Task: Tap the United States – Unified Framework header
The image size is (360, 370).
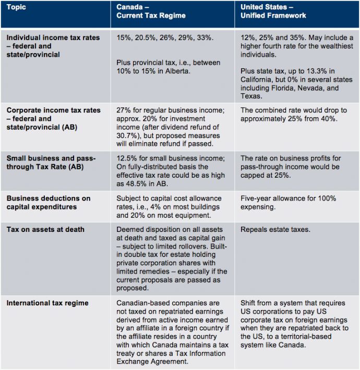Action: [273, 11]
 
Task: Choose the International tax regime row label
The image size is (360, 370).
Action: [47, 303]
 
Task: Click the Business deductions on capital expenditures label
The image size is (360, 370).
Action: [48, 203]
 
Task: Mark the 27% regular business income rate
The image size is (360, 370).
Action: [124, 110]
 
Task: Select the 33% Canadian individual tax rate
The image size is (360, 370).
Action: [203, 38]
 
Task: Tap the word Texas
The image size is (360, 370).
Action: [251, 96]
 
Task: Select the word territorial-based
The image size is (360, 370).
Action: [299, 336]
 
